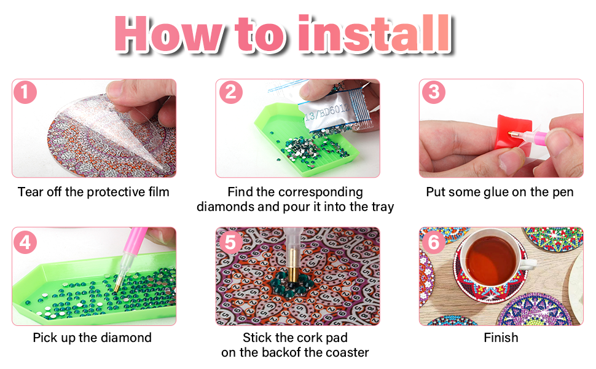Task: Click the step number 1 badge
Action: (25, 92)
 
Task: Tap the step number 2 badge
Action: (231, 92)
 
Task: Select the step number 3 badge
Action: (434, 92)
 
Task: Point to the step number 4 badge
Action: (25, 242)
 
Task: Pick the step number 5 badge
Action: (231, 242)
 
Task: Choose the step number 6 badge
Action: (434, 242)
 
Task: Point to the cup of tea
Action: (492, 261)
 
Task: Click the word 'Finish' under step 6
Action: (501, 338)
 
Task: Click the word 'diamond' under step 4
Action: (126, 338)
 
